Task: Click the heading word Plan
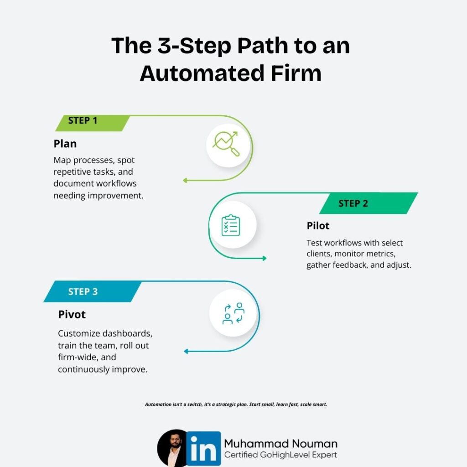[65, 144]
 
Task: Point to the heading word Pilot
[318, 226]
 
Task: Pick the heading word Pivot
[72, 315]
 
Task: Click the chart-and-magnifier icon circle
[229, 144]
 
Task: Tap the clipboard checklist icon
[231, 225]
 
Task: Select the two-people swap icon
[233, 313]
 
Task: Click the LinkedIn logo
[203, 449]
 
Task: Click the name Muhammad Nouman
[280, 443]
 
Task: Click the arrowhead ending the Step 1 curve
[185, 181]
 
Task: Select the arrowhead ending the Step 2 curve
[264, 259]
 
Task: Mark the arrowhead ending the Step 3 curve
[186, 351]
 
